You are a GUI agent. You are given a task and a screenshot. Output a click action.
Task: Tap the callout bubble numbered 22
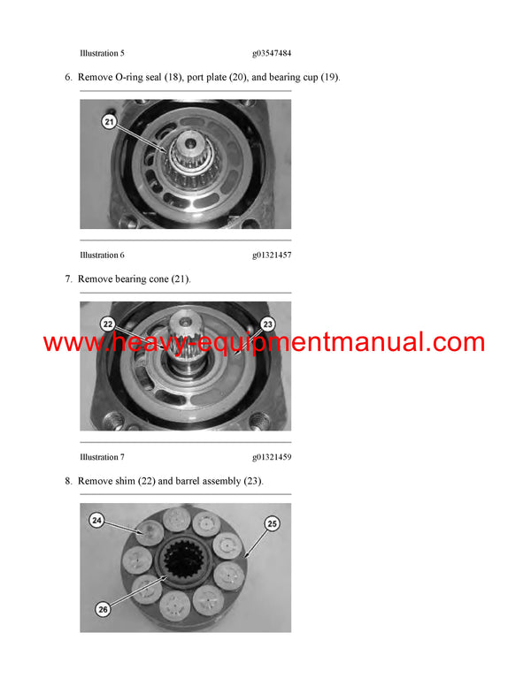tap(108, 324)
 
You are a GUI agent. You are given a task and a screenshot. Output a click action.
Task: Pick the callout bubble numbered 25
tap(272, 524)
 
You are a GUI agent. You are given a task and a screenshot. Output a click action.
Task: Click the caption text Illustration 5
tap(108, 53)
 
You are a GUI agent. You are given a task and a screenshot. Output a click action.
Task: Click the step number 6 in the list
tap(68, 78)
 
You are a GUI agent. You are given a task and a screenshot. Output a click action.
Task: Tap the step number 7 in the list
tap(68, 279)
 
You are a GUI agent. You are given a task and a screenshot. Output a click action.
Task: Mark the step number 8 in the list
tap(68, 481)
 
